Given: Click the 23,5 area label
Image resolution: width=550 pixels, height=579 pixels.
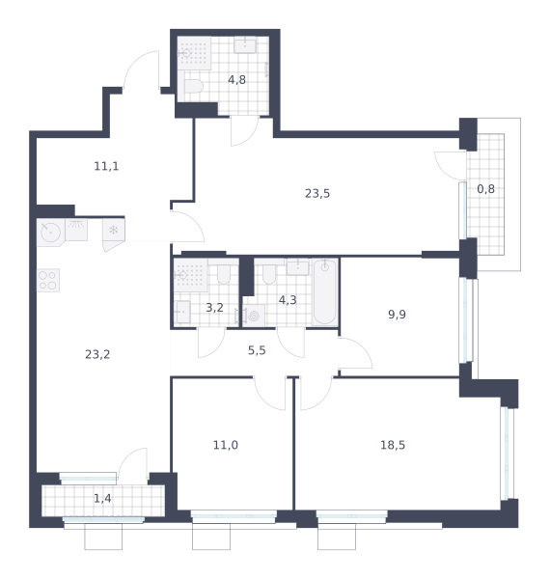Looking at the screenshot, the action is [317, 194].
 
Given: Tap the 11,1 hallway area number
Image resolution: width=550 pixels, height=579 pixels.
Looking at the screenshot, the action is [106, 166].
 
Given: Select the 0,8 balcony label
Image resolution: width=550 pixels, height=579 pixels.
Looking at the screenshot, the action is [485, 189].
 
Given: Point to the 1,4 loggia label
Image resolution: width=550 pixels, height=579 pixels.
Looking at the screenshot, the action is [102, 499].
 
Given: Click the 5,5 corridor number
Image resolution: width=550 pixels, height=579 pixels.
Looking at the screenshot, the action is [257, 350].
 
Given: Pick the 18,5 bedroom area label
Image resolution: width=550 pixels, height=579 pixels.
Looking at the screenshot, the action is [393, 445].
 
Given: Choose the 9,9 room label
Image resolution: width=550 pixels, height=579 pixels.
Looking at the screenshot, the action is [397, 315].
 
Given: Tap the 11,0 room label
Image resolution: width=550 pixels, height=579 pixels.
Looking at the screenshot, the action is [226, 445].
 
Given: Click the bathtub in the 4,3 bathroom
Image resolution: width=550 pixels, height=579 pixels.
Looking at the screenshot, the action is [325, 292].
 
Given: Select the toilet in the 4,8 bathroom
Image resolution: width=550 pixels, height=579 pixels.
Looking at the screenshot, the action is [193, 87].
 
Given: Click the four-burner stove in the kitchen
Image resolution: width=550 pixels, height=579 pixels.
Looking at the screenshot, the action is [48, 280].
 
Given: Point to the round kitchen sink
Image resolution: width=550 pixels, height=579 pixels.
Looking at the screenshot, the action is [50, 233].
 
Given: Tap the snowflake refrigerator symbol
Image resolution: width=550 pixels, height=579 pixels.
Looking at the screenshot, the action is [113, 230].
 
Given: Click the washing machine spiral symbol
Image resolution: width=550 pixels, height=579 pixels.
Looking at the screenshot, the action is [254, 316].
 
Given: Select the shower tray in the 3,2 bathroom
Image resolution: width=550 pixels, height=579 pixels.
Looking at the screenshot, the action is [190, 275].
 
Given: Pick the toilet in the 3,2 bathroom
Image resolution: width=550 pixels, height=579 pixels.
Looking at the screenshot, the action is [224, 274].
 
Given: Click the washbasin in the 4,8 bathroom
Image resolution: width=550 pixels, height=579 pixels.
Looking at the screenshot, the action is [245, 45].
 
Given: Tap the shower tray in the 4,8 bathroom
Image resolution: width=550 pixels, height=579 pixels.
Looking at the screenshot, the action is [194, 53].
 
